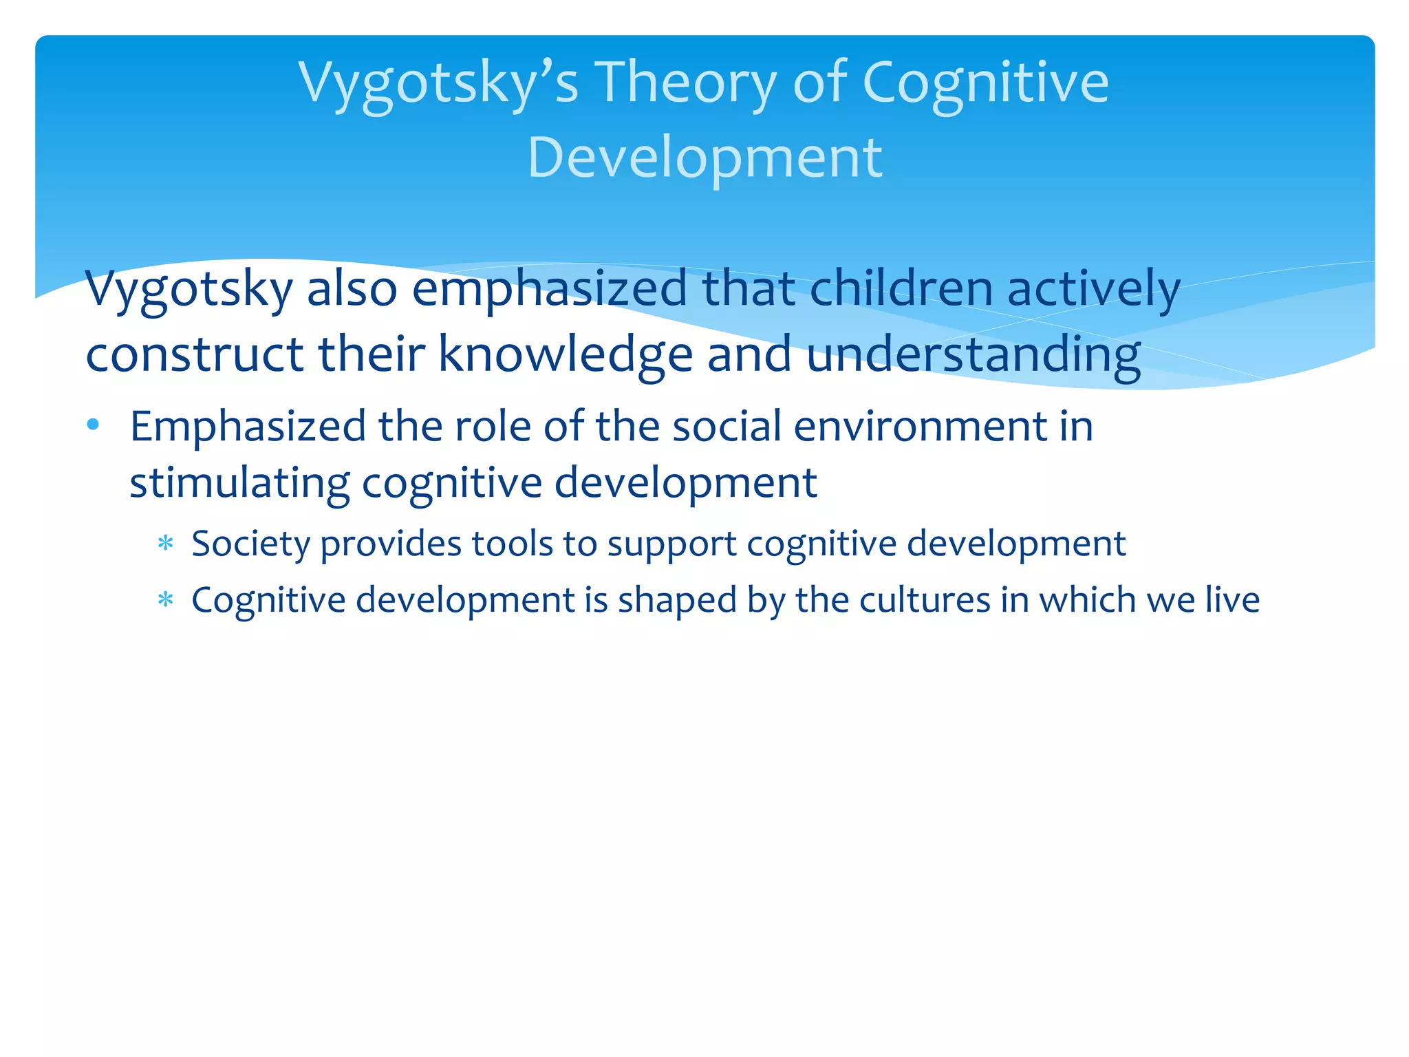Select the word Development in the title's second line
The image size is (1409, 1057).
pyautogui.click(x=704, y=158)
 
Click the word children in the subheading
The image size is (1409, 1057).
pyautogui.click(x=901, y=289)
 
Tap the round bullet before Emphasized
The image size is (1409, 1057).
pyautogui.click(x=94, y=425)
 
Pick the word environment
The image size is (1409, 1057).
pyautogui.click(x=920, y=426)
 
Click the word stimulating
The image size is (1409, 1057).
pyautogui.click(x=239, y=483)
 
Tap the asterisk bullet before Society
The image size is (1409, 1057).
pyautogui.click(x=165, y=544)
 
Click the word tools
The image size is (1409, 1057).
pyautogui.click(x=513, y=544)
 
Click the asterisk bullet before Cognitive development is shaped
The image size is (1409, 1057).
pyautogui.click(x=165, y=601)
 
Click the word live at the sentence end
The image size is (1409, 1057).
pyautogui.click(x=1233, y=600)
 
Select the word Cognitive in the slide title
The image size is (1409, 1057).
pyautogui.click(x=985, y=84)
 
